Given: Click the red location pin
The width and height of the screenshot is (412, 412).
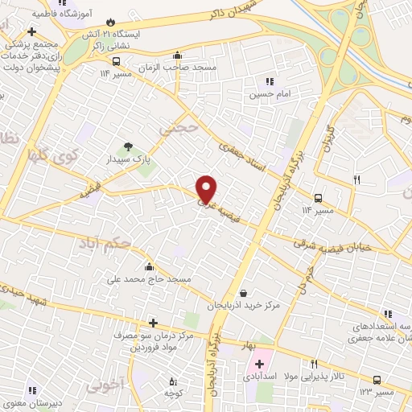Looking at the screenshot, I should pyautogui.click(x=207, y=188).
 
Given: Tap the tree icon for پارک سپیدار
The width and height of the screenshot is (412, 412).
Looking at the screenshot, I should pyautogui.click(x=126, y=146).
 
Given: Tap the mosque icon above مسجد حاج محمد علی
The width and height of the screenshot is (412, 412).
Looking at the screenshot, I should pyautogui.click(x=148, y=266).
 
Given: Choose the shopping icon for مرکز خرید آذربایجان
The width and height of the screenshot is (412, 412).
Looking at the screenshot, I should pyautogui.click(x=254, y=294).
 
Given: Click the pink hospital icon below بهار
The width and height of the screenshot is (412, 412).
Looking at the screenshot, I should pyautogui.click(x=259, y=365).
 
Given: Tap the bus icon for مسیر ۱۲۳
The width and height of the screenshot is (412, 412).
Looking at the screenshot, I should pyautogui.click(x=377, y=380).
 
